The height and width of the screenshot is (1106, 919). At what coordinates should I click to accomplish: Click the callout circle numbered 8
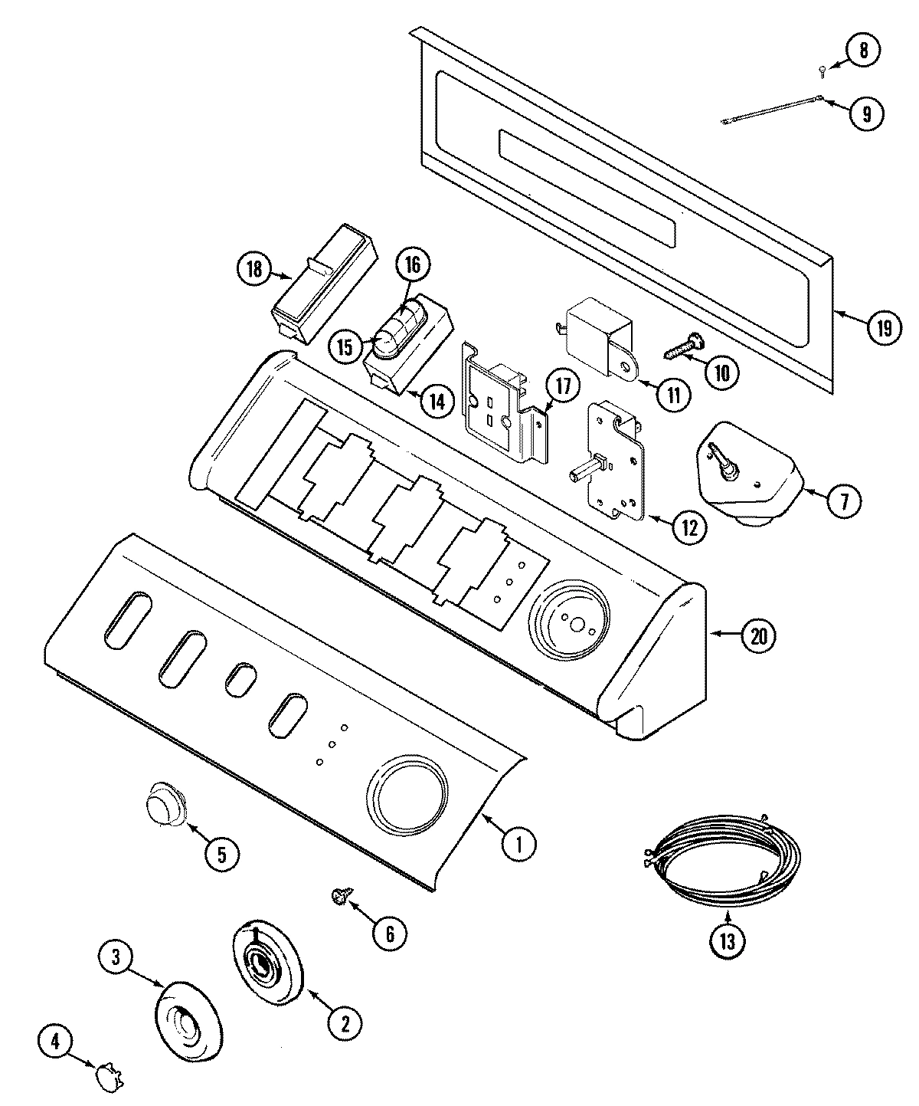pyautogui.click(x=863, y=51)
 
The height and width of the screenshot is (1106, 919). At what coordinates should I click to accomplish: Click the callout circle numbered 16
pyautogui.click(x=413, y=265)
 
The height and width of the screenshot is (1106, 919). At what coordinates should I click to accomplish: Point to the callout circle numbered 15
pyautogui.click(x=345, y=346)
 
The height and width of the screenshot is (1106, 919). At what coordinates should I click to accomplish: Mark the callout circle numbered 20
pyautogui.click(x=758, y=635)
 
